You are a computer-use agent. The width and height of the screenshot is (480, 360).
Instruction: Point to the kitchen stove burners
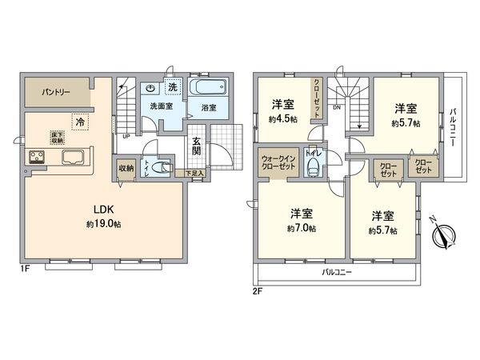[38, 157]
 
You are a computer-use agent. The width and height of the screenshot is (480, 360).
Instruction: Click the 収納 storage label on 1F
[126, 168]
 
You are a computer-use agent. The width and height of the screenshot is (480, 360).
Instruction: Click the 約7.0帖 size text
[302, 228]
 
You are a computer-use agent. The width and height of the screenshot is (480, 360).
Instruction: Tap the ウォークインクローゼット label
[277, 163]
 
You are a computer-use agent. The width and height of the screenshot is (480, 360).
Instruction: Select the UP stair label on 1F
[126, 135]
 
